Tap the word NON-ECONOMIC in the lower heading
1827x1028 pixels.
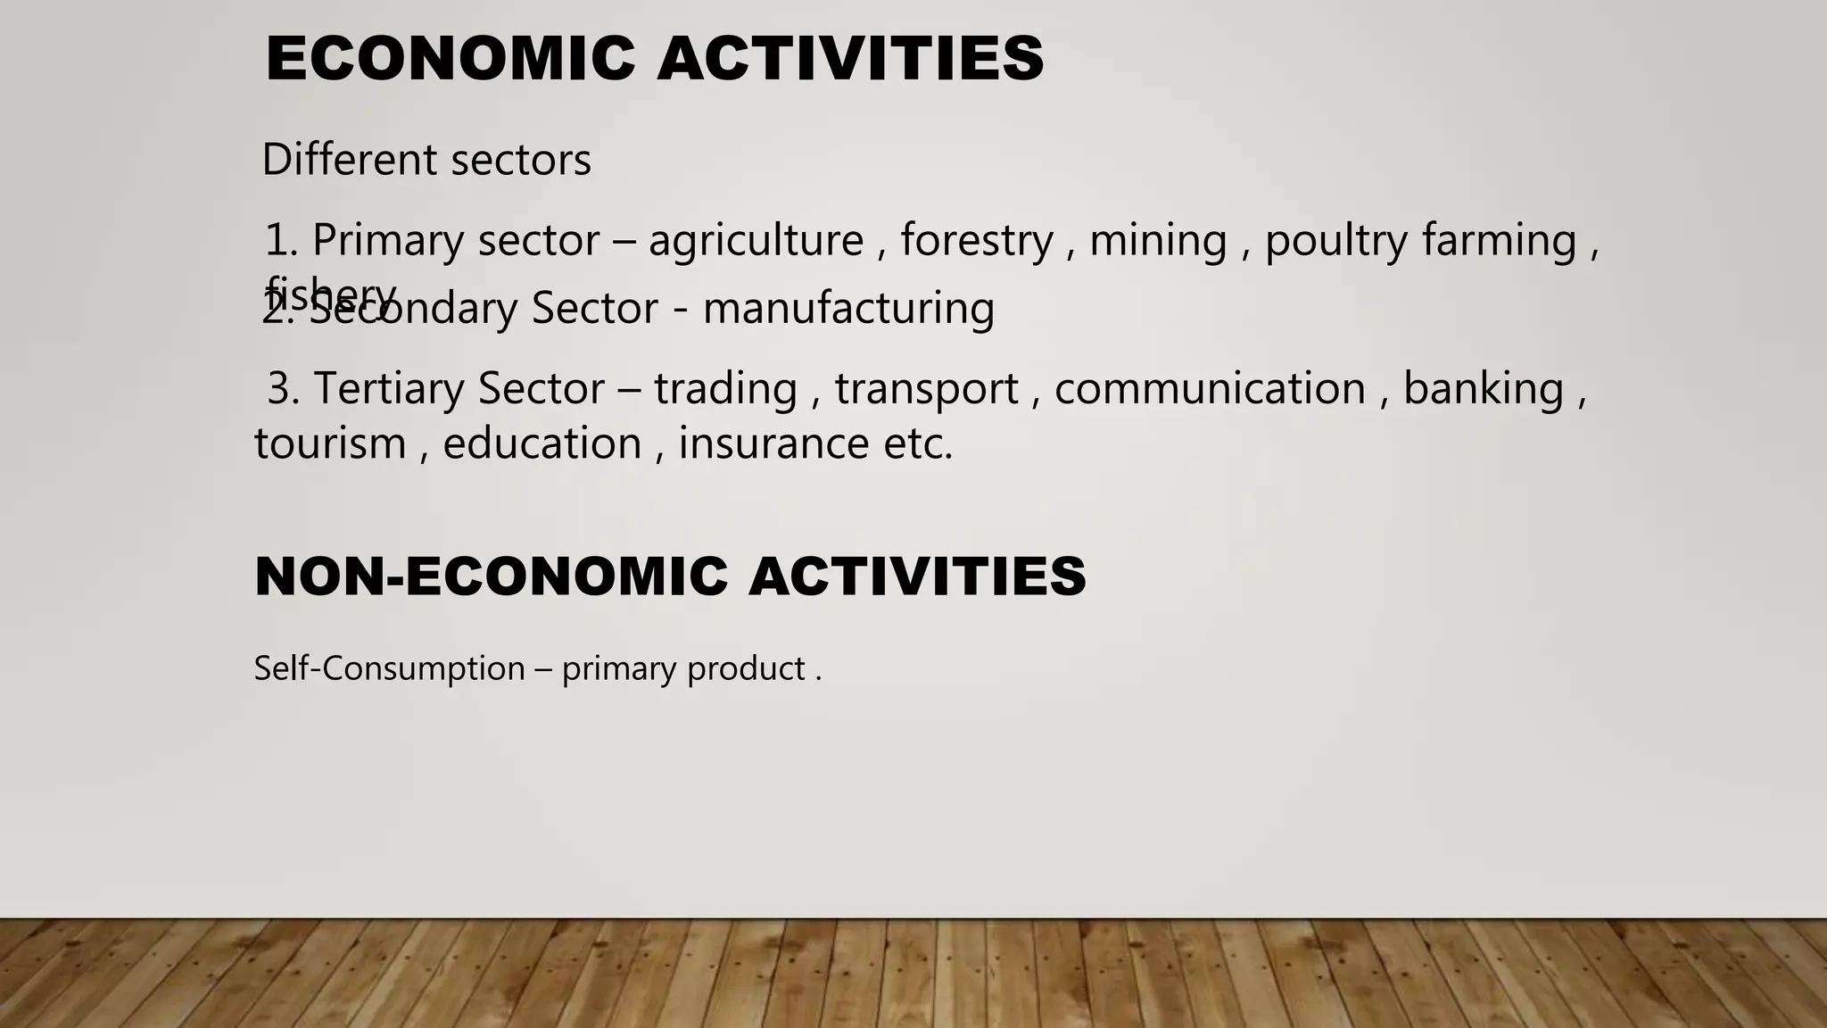click(x=492, y=576)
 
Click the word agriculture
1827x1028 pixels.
click(x=756, y=241)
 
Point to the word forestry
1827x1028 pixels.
click(x=976, y=241)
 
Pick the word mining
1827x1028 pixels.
click(x=1158, y=241)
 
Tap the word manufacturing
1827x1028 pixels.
click(x=848, y=309)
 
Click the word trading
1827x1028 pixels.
click(x=725, y=389)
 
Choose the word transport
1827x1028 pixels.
click(x=926, y=389)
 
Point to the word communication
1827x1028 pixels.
click(x=1210, y=389)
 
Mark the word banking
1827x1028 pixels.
click(x=1484, y=389)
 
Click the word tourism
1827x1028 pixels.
click(x=330, y=444)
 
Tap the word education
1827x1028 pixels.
click(x=542, y=444)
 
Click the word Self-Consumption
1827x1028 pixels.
click(x=390, y=668)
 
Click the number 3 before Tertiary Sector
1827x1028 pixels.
click(x=280, y=389)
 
